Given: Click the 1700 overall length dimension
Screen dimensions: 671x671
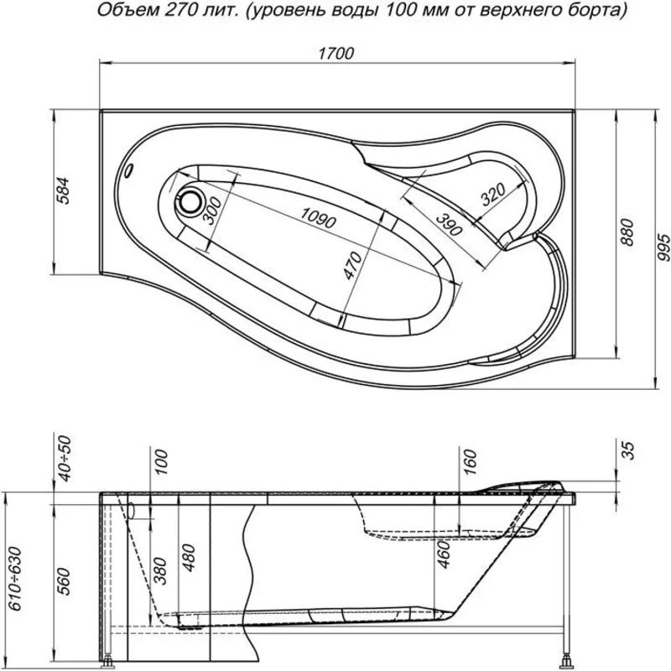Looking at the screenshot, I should pos(335,53).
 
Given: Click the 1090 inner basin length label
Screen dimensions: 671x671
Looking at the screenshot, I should pos(317,216).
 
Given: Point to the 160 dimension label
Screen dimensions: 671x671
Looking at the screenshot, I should pos(469,459).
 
